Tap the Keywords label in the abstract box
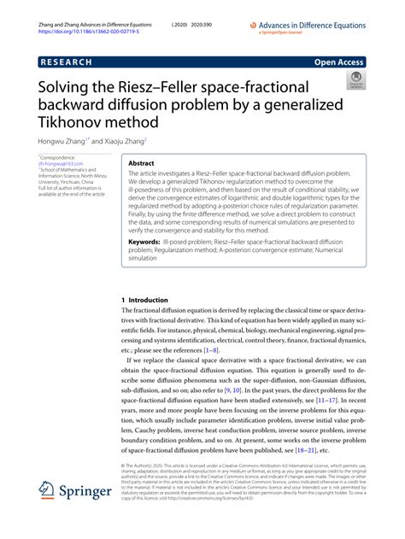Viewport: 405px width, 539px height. [x=144, y=242]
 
